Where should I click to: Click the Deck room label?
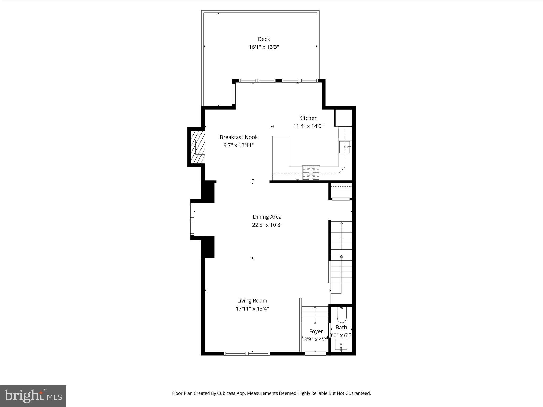pyautogui.click(x=264, y=39)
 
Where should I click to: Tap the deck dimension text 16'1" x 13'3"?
pyautogui.click(x=264, y=47)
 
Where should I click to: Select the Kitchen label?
pyautogui.click(x=308, y=118)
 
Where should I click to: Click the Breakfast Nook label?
pyautogui.click(x=239, y=137)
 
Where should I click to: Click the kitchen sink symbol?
pyautogui.click(x=344, y=147)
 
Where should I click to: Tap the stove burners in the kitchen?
pyautogui.click(x=311, y=173)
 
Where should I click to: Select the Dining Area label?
pyautogui.click(x=267, y=217)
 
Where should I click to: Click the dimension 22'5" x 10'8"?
pyautogui.click(x=267, y=225)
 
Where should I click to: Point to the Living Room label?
pyautogui.click(x=252, y=300)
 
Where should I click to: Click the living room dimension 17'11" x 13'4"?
pyautogui.click(x=252, y=309)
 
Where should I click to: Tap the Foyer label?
pyautogui.click(x=316, y=331)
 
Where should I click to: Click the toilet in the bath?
pyautogui.click(x=341, y=315)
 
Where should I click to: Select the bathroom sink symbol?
pyautogui.click(x=341, y=344)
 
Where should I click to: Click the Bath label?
pyautogui.click(x=341, y=327)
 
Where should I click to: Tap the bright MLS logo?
pyautogui.click(x=33, y=396)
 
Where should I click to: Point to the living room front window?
pyautogui.click(x=247, y=353)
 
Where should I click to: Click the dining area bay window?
pyautogui.click(x=192, y=219)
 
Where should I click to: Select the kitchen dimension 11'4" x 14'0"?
pyautogui.click(x=308, y=126)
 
